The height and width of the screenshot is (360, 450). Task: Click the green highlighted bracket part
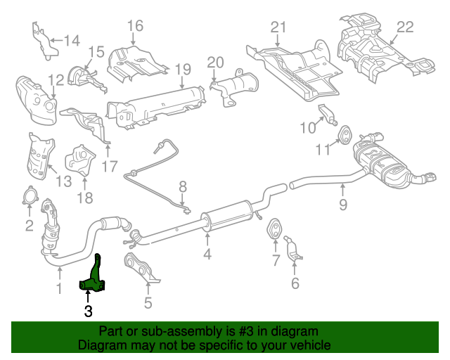(x=94, y=278)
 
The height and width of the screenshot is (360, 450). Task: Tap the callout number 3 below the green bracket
(x=88, y=310)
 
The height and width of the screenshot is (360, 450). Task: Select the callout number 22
(x=406, y=27)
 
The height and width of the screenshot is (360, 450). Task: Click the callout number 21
(x=279, y=27)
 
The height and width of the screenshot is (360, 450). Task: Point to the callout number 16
(x=135, y=26)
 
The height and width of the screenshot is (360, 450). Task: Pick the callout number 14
(x=72, y=40)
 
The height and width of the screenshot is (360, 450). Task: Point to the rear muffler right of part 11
(x=383, y=165)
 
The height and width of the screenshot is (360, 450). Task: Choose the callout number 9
(x=343, y=206)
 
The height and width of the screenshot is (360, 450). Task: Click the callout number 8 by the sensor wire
(x=182, y=187)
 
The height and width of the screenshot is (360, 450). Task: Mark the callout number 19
(x=183, y=69)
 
